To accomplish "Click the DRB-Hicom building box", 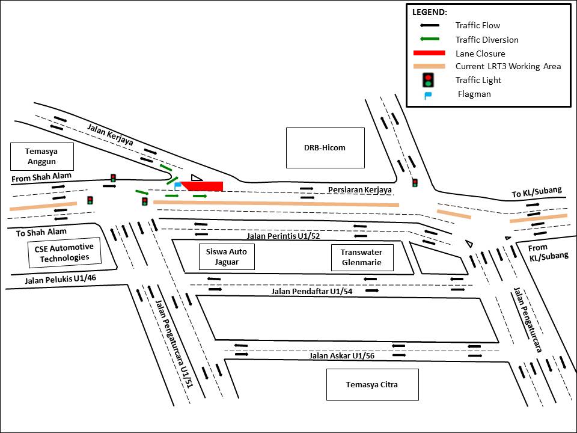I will [325, 147].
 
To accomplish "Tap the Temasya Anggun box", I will [42, 156].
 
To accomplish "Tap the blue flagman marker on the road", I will [177, 186].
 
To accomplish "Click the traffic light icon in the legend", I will [428, 79].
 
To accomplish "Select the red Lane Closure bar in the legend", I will [429, 54].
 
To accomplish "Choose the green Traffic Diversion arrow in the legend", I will [429, 39].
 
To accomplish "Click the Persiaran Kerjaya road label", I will [360, 190].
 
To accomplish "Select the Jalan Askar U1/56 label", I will [341, 355].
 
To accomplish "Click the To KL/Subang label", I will [537, 192].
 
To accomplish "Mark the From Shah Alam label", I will [41, 176].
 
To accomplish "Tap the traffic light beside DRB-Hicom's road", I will [415, 182].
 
